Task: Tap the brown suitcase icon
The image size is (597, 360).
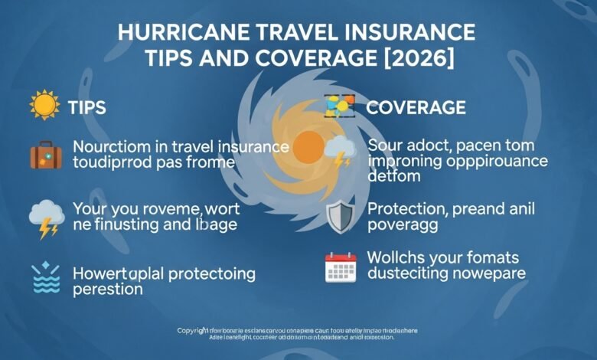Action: pos(45,154)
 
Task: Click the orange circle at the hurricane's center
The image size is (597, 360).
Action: pos(308,146)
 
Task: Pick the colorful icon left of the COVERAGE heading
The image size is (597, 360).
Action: pos(339,106)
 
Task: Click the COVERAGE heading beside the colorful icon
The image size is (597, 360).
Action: pos(416,107)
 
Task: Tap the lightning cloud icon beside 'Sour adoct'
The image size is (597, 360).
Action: pos(339,151)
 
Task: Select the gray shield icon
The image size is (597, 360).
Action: pos(339,216)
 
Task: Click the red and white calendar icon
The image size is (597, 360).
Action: pos(341,267)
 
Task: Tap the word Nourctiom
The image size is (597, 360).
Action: pos(111,146)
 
